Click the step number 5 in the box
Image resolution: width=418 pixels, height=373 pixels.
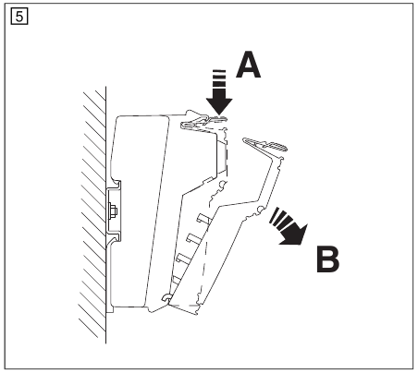19,17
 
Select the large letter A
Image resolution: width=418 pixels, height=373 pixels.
248,65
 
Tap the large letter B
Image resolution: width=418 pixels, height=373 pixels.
328,259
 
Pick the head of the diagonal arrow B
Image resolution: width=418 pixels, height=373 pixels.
295,235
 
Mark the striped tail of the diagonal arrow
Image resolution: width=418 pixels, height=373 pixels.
280,218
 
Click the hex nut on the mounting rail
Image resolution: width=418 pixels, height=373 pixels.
113,211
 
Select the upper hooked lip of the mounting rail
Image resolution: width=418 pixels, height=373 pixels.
117,185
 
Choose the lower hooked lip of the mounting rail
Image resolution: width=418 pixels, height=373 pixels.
117,238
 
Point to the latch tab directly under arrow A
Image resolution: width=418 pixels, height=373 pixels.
215,119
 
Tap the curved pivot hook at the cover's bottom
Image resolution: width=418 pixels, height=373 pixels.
166,297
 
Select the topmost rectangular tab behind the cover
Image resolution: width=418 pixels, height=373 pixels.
203,218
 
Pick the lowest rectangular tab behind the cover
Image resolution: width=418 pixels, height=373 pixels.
177,280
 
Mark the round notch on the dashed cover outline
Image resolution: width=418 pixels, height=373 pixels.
221,185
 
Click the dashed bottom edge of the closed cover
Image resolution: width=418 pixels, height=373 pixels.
184,306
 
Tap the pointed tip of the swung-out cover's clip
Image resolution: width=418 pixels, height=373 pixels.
244,140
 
